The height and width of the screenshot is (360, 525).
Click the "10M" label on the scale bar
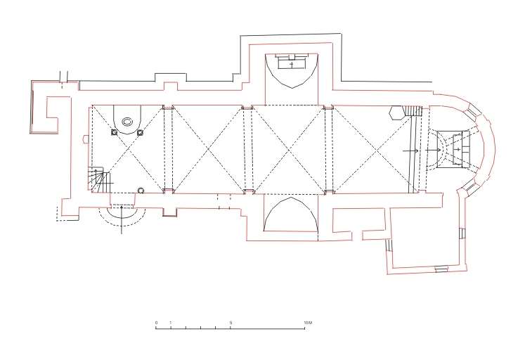pyautogui.click(x=308, y=323)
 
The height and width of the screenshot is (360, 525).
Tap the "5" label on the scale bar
pyautogui.click(x=231, y=323)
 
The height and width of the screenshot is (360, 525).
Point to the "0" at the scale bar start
pyautogui.click(x=156, y=323)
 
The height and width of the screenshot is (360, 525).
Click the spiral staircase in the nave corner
pyautogui.click(x=99, y=180)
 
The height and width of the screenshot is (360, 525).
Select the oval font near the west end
pyautogui.click(x=127, y=122)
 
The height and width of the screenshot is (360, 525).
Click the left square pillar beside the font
pyautogui.click(x=114, y=133)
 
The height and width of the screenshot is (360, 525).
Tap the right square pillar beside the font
pyautogui.click(x=140, y=133)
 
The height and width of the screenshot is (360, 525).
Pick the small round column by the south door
pyautogui.click(x=141, y=191)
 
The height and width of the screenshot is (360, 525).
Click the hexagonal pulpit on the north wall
pyautogui.click(x=396, y=112)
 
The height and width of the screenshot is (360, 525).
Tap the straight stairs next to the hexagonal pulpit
pyautogui.click(x=412, y=111)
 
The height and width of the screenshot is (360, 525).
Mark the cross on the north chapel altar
pyautogui.click(x=292, y=64)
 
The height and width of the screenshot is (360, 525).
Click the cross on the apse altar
pyautogui.click(x=458, y=149)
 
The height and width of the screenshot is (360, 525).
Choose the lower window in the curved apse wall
pyautogui.click(x=469, y=185)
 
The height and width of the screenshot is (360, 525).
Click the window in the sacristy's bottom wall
pyautogui.click(x=441, y=269)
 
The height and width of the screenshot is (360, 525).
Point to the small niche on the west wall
pyautogui.click(x=86, y=139)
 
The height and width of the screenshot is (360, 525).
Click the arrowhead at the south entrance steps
pyautogui.click(x=121, y=208)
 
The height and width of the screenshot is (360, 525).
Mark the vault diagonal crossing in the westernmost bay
pyautogui.click(x=128, y=149)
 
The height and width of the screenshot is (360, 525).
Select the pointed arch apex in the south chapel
pyautogui.click(x=291, y=198)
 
